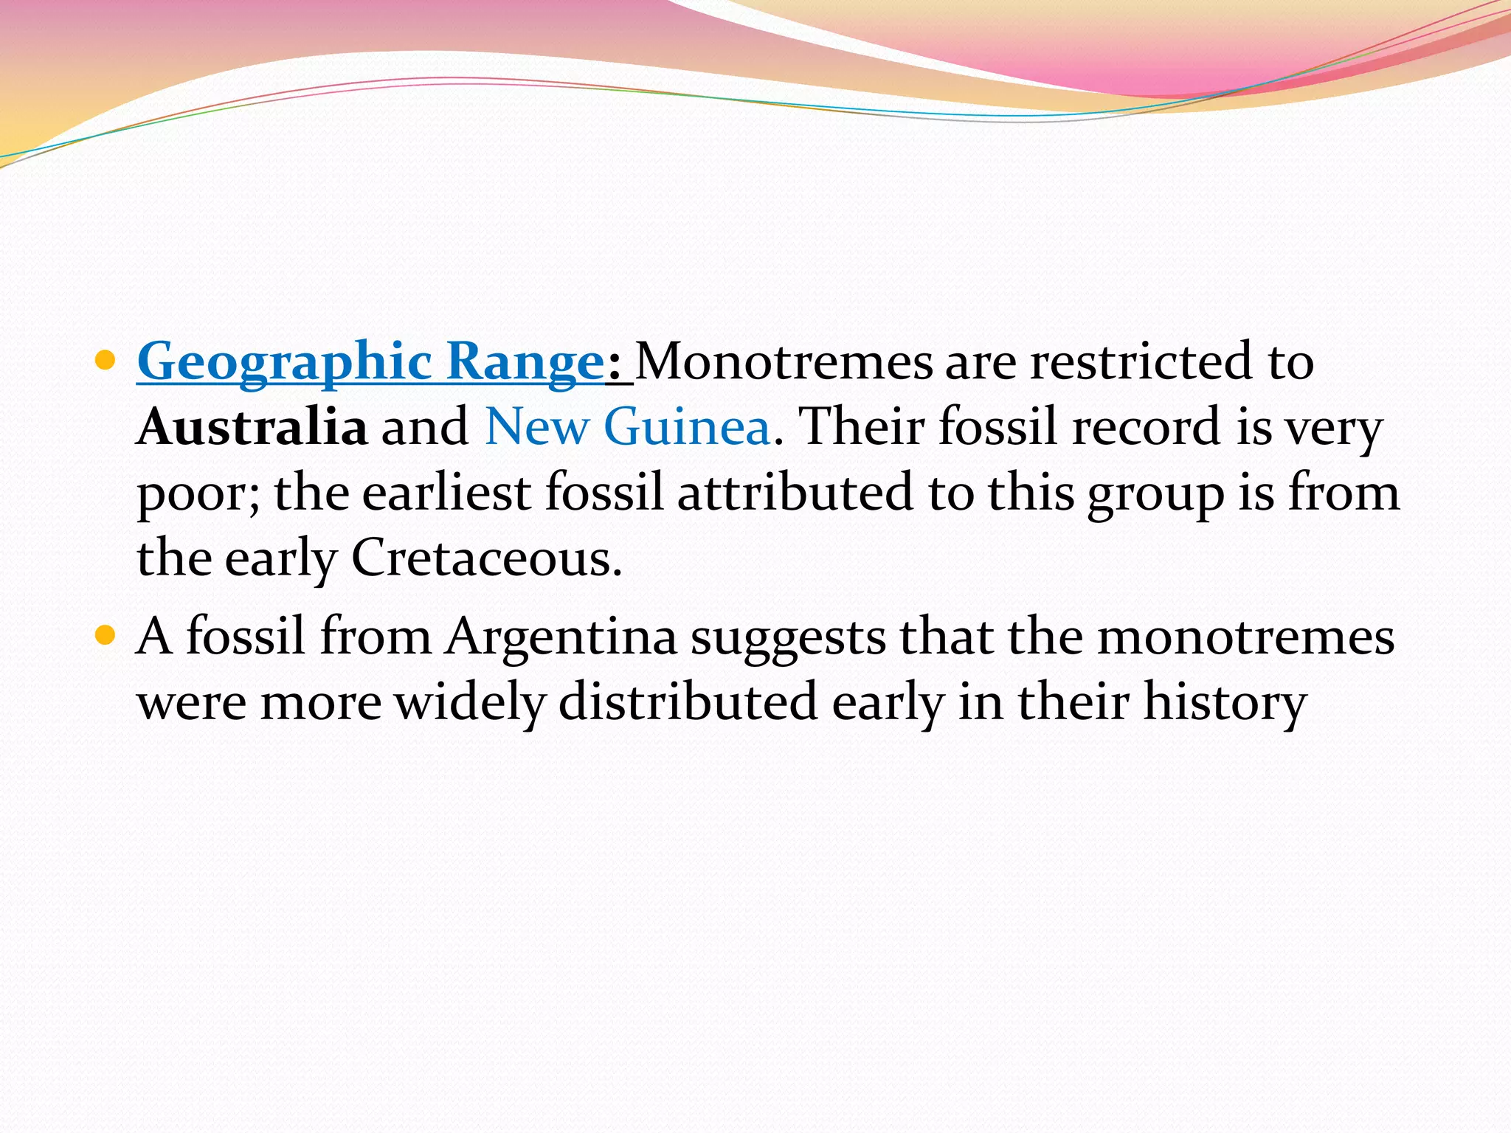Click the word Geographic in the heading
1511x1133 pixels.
click(x=285, y=362)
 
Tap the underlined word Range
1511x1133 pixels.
click(x=526, y=362)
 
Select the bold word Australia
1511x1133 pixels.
click(x=252, y=427)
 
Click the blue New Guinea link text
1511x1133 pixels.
click(x=628, y=427)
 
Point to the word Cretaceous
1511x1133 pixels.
click(x=486, y=558)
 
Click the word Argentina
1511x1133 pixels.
click(x=561, y=636)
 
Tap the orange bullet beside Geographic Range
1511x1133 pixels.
click(x=106, y=361)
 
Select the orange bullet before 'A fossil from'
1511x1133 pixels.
click(x=106, y=634)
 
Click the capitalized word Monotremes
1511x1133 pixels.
click(x=784, y=362)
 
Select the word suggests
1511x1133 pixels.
click(x=788, y=637)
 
